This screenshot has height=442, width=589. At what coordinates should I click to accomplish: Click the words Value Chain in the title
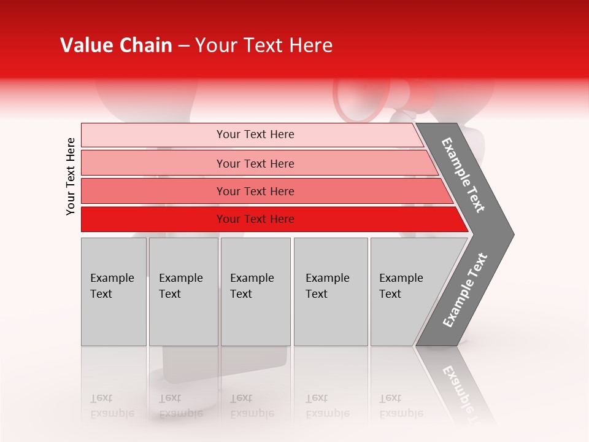tap(116, 45)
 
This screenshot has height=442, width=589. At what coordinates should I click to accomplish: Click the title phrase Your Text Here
tap(264, 45)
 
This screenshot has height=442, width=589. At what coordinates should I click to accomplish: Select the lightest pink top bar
tap(153, 135)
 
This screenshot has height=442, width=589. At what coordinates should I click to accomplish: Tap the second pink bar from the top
tap(153, 163)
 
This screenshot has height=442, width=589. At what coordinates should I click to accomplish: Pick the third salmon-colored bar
tap(153, 191)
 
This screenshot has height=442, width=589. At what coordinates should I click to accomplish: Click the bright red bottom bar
tap(153, 219)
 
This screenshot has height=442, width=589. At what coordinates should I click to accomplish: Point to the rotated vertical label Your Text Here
tap(71, 176)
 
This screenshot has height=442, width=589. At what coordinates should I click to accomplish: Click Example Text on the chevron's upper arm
tap(464, 175)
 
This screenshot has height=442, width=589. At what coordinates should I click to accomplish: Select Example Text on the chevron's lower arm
tap(465, 290)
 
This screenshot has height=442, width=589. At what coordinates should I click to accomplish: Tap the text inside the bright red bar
tap(255, 219)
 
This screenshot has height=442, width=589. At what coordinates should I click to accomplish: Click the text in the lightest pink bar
tap(255, 134)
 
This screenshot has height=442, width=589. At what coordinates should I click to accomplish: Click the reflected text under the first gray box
tap(112, 405)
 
